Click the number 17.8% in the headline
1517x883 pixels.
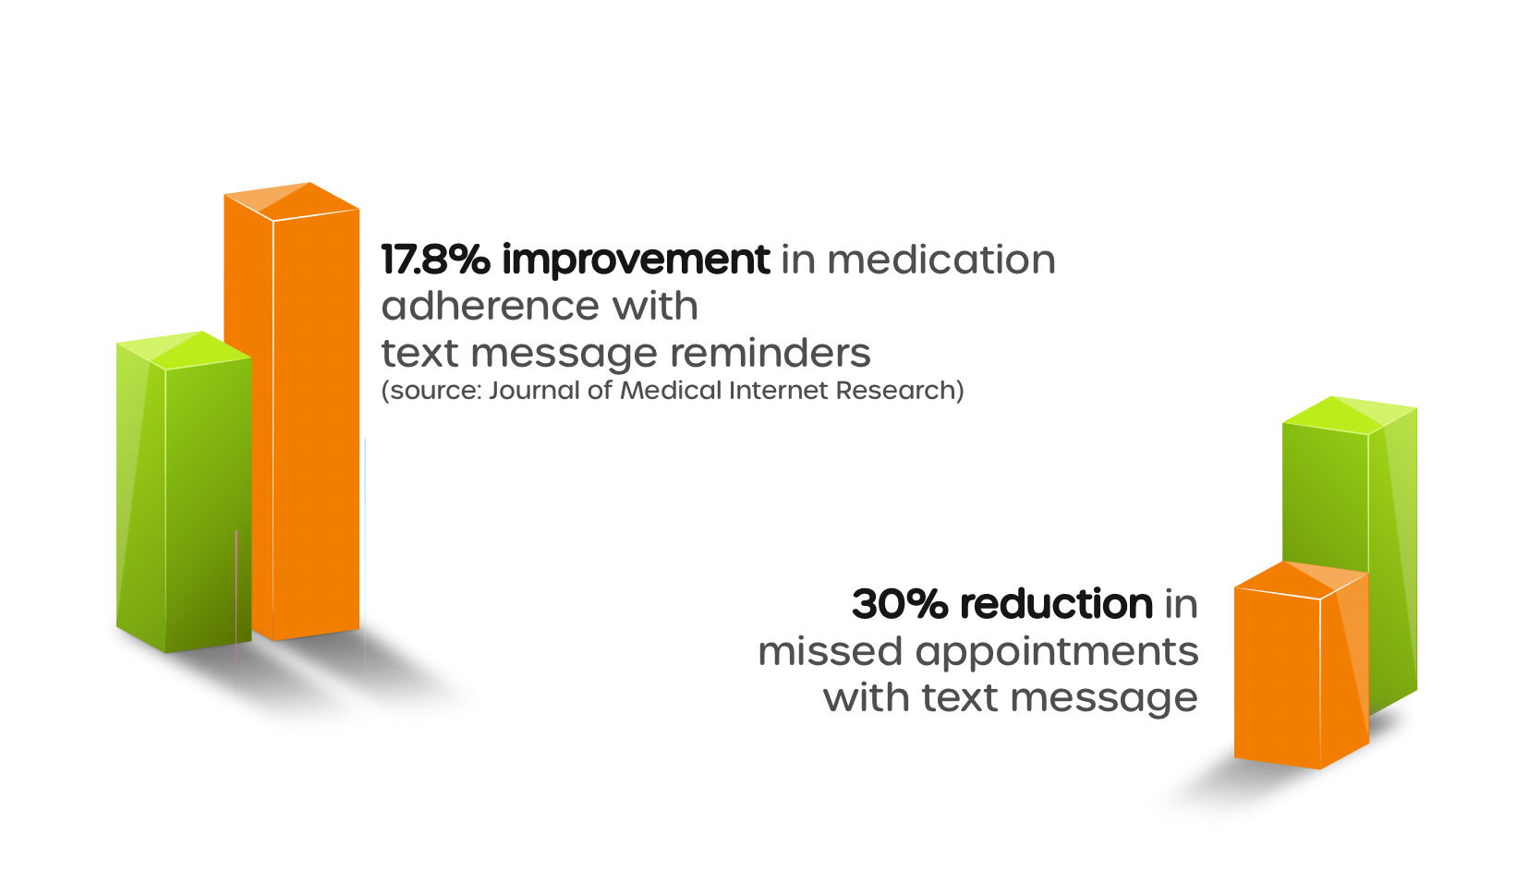[435, 260]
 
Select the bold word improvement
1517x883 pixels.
[636, 260]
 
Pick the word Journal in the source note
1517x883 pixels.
[534, 391]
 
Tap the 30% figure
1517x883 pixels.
[900, 604]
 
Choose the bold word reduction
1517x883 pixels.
[1056, 604]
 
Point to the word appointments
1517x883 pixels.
[1057, 653]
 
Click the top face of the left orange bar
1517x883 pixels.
[292, 200]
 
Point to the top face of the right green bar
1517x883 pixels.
[1350, 415]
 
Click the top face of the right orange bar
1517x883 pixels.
[1300, 577]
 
